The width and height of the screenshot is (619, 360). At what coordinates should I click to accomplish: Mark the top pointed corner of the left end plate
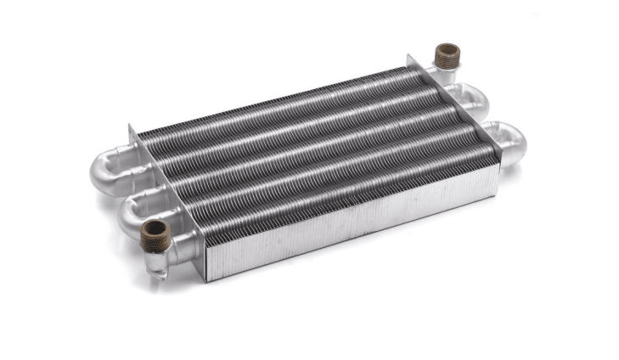pyautogui.click(x=131, y=126)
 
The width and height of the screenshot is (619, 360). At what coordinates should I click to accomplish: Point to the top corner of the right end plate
pyautogui.click(x=409, y=55)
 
